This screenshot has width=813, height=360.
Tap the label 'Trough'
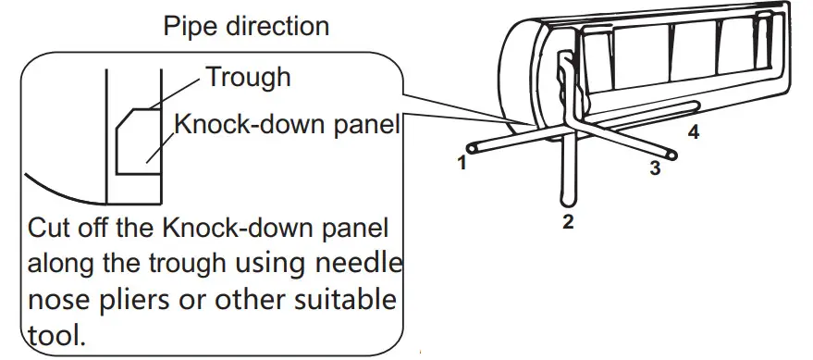tap(248, 77)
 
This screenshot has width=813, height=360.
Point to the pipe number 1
tap(459, 165)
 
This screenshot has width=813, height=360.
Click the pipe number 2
tap(568, 221)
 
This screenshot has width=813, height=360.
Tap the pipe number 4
tap(693, 133)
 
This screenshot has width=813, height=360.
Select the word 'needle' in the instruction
tap(363, 264)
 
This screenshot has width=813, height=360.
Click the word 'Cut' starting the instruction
tap(50, 228)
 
